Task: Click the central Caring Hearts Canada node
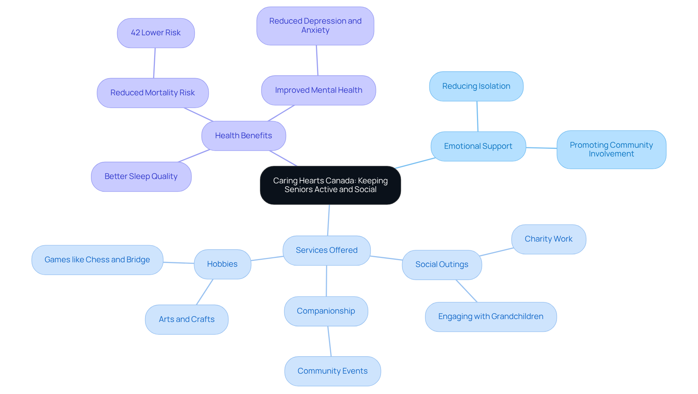pos(330,185)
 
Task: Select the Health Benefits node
pos(244,136)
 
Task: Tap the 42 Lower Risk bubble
pos(156,33)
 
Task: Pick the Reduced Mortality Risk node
pos(153,93)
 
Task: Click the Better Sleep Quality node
pos(141,176)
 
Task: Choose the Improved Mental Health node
pos(318,90)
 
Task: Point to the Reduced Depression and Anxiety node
pos(315,26)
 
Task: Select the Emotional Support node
pos(478,146)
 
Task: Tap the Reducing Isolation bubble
pos(476,86)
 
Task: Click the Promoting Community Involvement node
pos(611,150)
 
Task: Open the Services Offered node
pos(326,250)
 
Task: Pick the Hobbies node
pos(222,264)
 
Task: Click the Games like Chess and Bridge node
pos(97,260)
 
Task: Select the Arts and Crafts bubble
pos(186,319)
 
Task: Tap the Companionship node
pos(326,311)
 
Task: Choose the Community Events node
pos(332,371)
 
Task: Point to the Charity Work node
pos(548,239)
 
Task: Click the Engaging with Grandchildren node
pos(490,317)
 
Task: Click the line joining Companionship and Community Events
pos(329,341)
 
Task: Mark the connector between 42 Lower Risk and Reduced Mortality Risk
pos(155,63)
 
